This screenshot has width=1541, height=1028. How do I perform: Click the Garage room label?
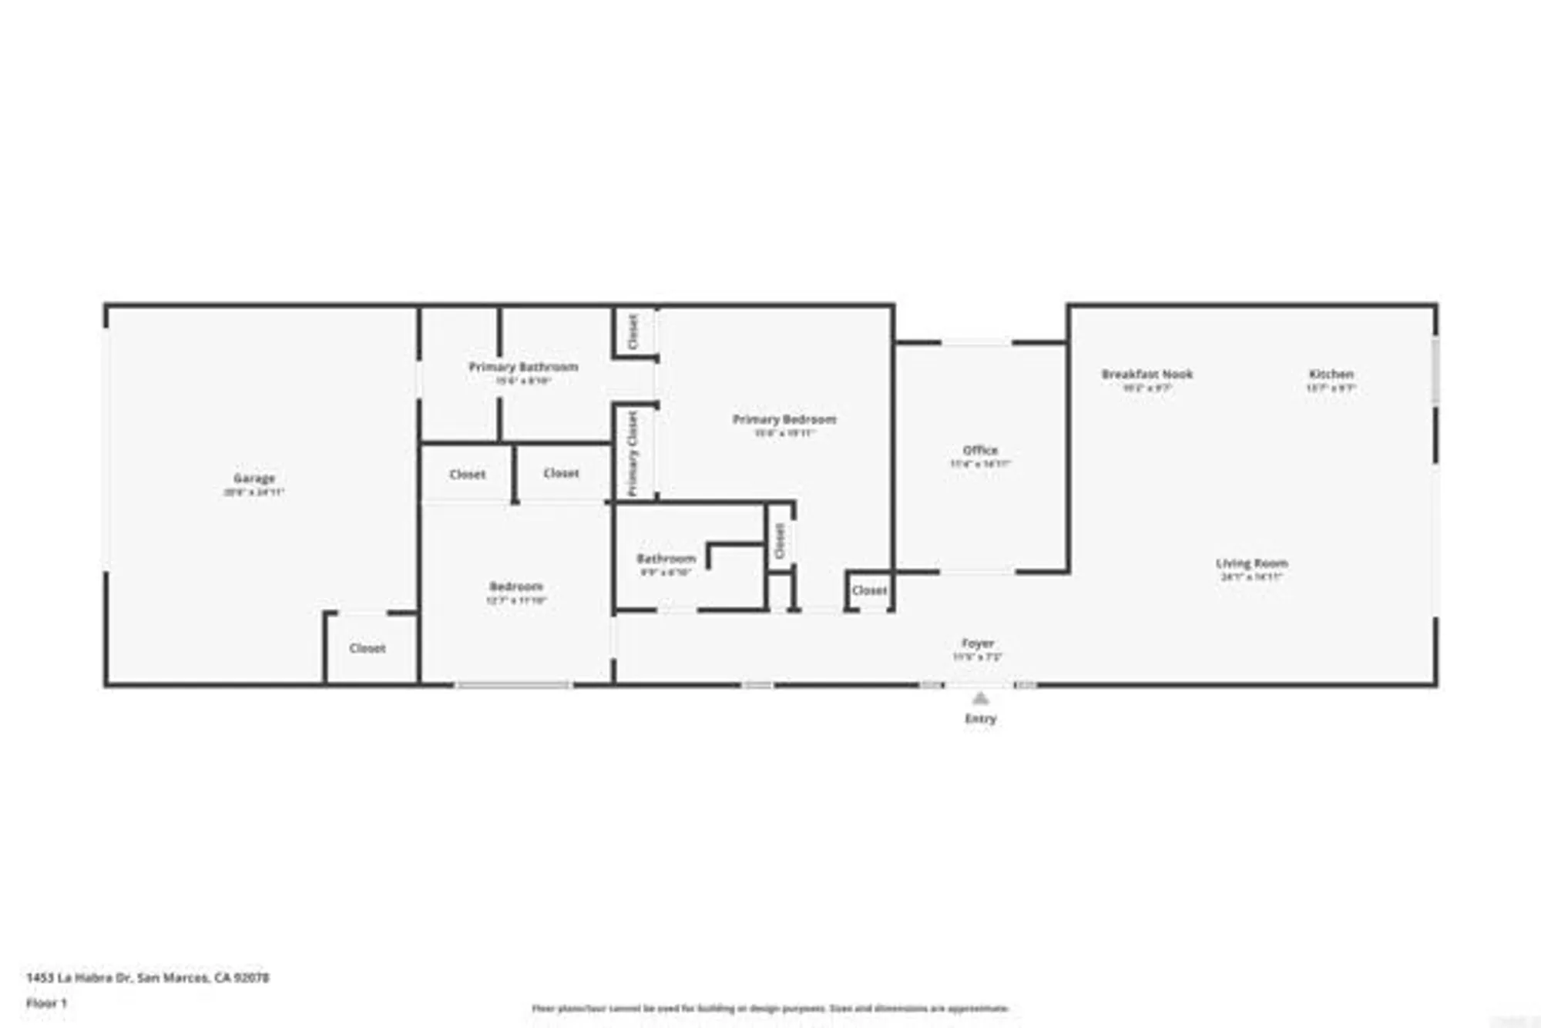point(254,479)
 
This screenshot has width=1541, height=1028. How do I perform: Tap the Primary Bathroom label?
point(523,367)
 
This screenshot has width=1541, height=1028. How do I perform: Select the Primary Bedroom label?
point(784,419)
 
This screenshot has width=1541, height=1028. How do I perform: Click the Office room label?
point(980,450)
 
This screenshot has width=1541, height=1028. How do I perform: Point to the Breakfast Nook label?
point(1147,375)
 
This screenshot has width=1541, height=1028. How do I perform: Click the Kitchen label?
point(1331,375)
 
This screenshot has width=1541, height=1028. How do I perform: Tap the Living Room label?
point(1251,563)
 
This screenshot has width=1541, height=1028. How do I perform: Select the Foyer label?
point(977,643)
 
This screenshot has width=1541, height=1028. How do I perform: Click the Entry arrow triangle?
point(980,699)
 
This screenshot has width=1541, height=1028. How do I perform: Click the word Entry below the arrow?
point(980,718)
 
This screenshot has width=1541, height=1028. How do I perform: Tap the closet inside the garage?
point(368,648)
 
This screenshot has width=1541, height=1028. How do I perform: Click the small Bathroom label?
point(666,559)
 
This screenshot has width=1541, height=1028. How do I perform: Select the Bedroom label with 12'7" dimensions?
point(515,586)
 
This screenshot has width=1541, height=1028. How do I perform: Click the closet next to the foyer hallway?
point(869,590)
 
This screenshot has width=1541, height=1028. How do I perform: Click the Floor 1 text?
point(46,1003)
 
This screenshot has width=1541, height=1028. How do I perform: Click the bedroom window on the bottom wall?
point(513,684)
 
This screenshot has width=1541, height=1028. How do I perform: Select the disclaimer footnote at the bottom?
point(770,1008)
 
